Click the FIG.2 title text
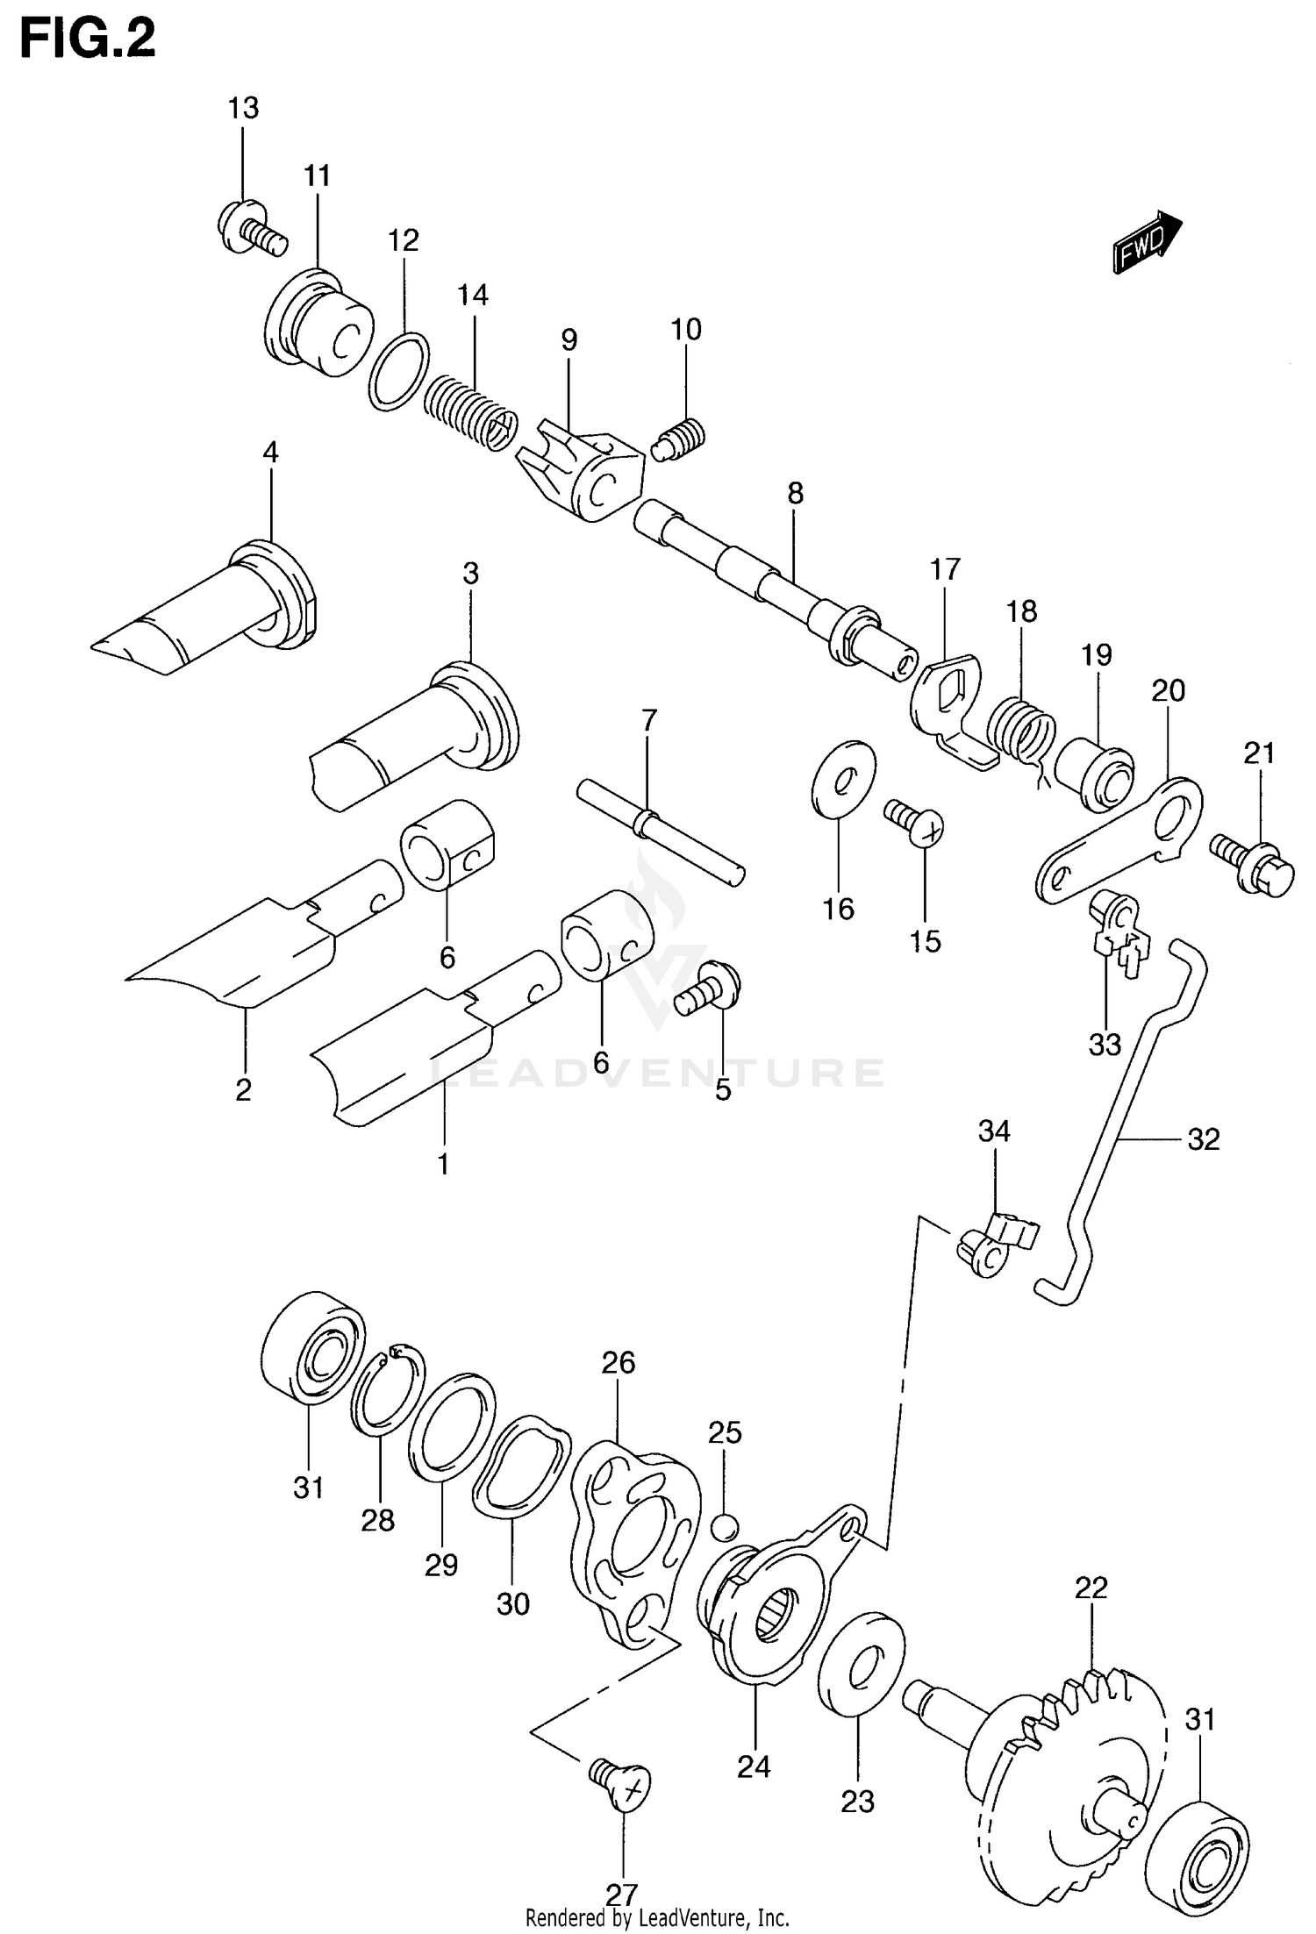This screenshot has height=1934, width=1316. pos(88,39)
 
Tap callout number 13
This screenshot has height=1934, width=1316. pos(243,109)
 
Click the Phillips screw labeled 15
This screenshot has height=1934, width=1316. pos(916,824)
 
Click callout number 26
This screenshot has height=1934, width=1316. pos(618,1362)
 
